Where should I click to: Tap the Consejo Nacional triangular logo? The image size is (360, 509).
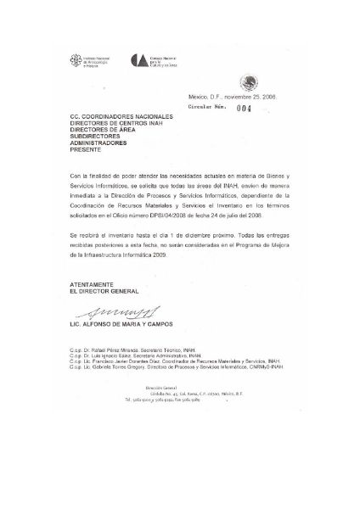[x=139, y=60]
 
